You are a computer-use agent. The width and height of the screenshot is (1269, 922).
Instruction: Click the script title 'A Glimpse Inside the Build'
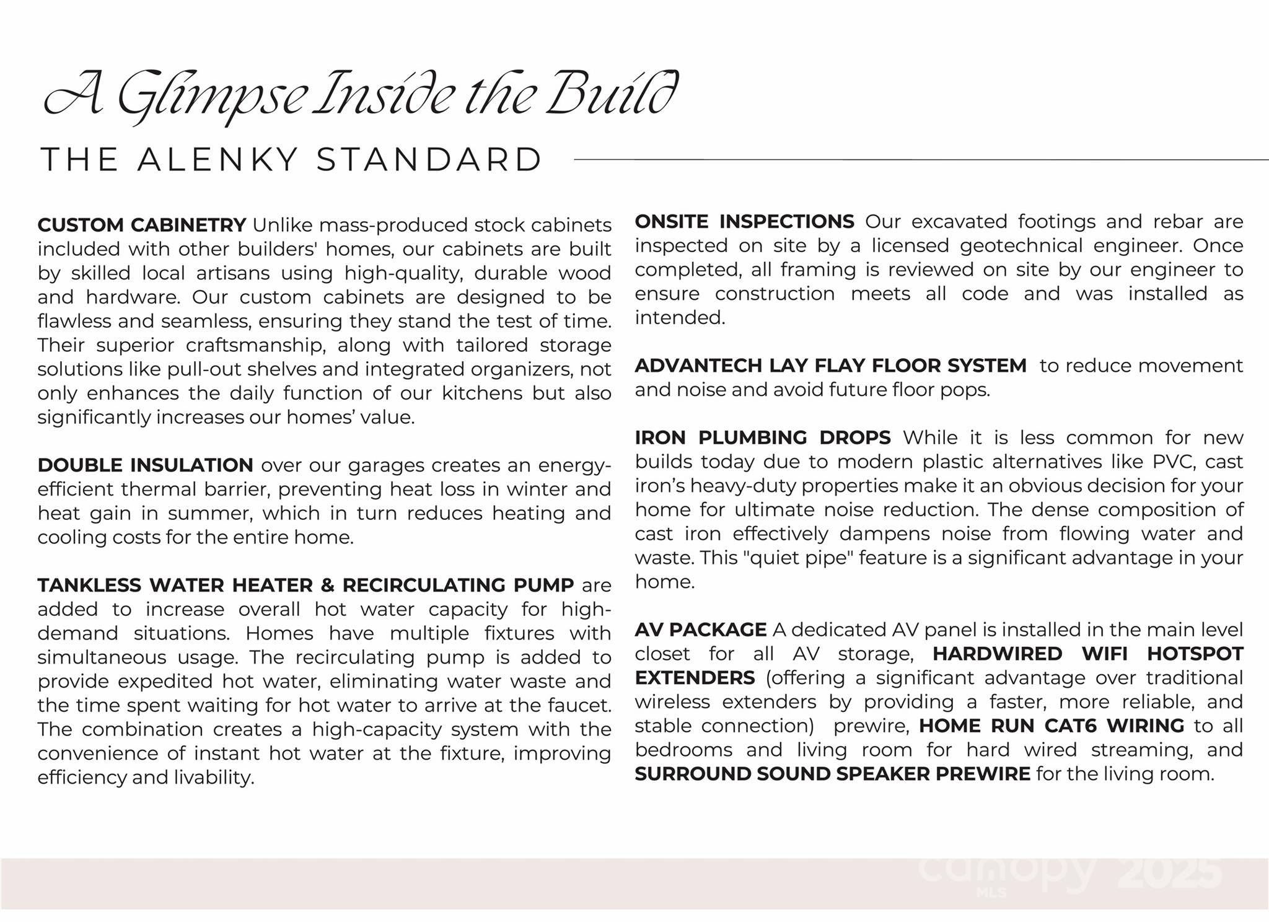coord(361,96)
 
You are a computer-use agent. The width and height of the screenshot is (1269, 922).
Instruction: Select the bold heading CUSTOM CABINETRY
coord(142,225)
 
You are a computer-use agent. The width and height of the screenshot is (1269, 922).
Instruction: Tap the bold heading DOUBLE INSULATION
coord(145,465)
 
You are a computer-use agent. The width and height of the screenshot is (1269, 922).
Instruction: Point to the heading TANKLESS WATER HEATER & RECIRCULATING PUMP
coord(305,586)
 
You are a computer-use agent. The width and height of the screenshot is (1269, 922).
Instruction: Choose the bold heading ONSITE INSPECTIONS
coord(744,222)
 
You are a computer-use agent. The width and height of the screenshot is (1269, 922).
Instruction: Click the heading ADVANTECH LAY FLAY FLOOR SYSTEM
coord(830,366)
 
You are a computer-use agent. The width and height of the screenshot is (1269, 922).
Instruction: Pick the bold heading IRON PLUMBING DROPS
coord(763,438)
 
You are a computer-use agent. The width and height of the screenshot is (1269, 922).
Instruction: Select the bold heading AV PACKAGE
coord(700,630)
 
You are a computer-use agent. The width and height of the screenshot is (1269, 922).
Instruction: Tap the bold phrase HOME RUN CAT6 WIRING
coord(1052,726)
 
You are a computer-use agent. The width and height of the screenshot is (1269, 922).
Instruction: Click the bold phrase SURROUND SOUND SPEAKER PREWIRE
coord(832,775)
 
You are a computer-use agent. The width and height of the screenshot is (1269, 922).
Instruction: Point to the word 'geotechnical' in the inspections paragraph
coord(1019,246)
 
